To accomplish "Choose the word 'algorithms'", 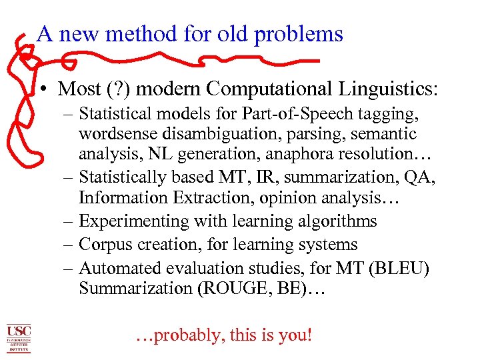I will click(337, 221).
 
